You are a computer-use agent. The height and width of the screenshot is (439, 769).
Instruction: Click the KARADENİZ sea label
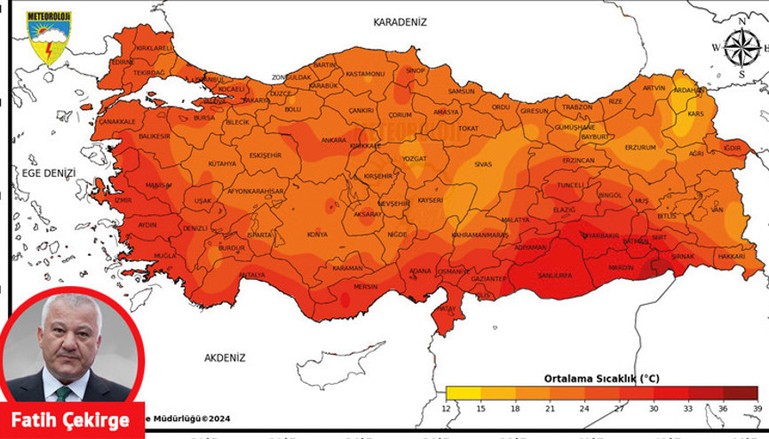pyautogui.click(x=400, y=21)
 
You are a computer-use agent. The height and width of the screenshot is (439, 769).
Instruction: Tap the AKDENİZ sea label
pyautogui.click(x=224, y=357)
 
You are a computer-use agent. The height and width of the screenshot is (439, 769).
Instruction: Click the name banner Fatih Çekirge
pyautogui.click(x=70, y=420)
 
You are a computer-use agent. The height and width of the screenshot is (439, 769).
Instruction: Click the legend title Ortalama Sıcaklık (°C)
pyautogui.click(x=601, y=378)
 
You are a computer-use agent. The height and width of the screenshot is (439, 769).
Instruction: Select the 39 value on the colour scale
pyautogui.click(x=757, y=408)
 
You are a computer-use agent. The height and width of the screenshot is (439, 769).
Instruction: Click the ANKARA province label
pyautogui.click(x=334, y=140)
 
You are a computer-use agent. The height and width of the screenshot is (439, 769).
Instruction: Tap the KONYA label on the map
pyautogui.click(x=317, y=235)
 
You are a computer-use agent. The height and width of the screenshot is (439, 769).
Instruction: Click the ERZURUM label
pyautogui.click(x=639, y=147)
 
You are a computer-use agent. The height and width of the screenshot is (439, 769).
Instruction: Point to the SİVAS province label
pyautogui.click(x=483, y=164)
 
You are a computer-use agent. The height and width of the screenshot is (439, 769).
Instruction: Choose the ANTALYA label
pyautogui.click(x=252, y=275)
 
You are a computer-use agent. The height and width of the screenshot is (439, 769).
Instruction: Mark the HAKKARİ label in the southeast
pyautogui.click(x=731, y=255)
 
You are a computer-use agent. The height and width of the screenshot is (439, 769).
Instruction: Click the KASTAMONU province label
pyautogui.click(x=363, y=75)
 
